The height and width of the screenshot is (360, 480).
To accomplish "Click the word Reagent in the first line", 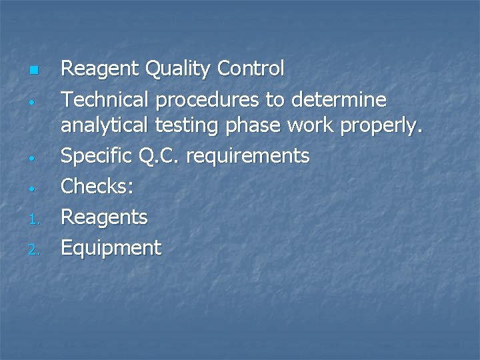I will coord(99,69).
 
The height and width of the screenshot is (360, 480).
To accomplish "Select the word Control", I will coord(251,69).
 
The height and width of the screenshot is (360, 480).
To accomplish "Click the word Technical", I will coord(106,100).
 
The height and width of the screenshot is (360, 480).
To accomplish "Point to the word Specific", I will coord(97,156).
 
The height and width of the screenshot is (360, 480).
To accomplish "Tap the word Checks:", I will coord(97,187).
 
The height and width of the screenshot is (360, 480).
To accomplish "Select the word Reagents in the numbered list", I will coord(105,217).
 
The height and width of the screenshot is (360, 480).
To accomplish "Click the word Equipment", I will coord(111,249).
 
